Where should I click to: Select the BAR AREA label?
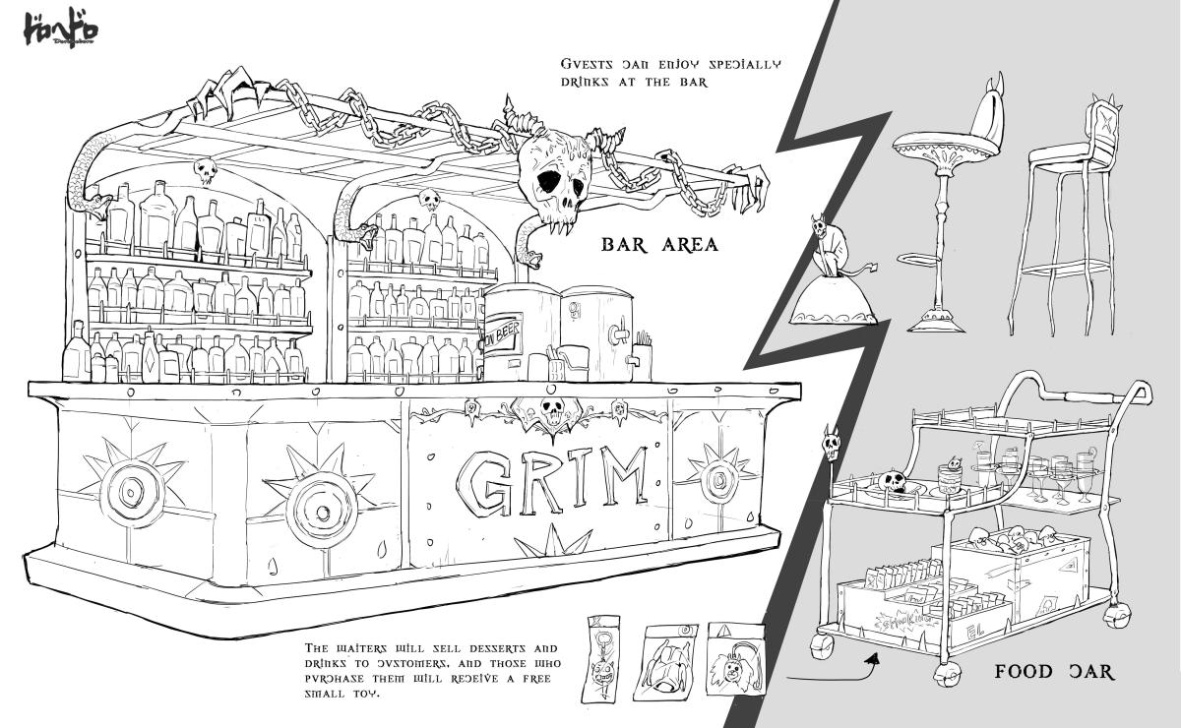(659, 244)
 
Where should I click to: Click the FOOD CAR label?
(1054, 672)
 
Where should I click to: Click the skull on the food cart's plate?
(893, 483)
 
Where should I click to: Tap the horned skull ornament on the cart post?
(830, 446)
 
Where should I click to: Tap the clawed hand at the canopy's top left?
(221, 94)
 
